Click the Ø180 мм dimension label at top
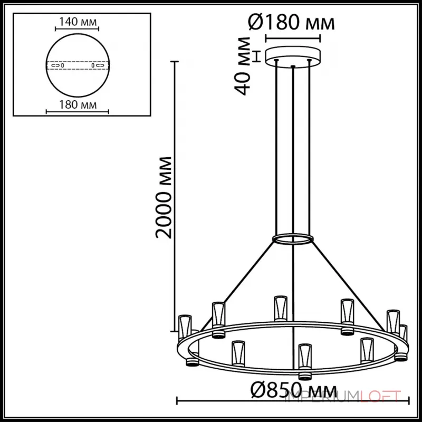tap(292, 23)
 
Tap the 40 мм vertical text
tap(243, 66)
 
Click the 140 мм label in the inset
tap(78, 22)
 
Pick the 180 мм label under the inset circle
tap(78, 104)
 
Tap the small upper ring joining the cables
tap(292, 239)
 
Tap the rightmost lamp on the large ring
tap(403, 333)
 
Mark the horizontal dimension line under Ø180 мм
tap(292, 37)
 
